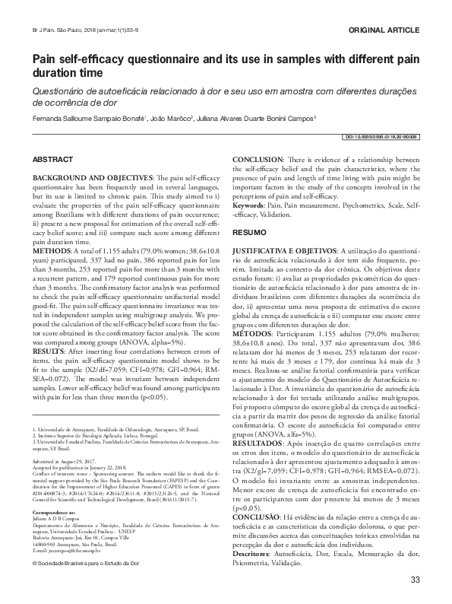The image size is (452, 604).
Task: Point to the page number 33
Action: point(415,581)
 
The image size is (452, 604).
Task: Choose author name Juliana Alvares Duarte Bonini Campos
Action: point(260,119)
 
